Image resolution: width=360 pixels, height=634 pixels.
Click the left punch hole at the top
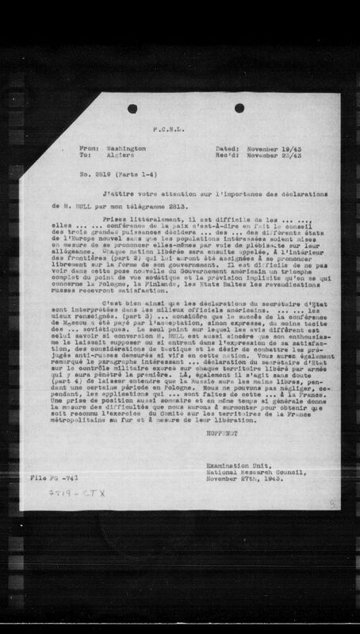click(x=132, y=107)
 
